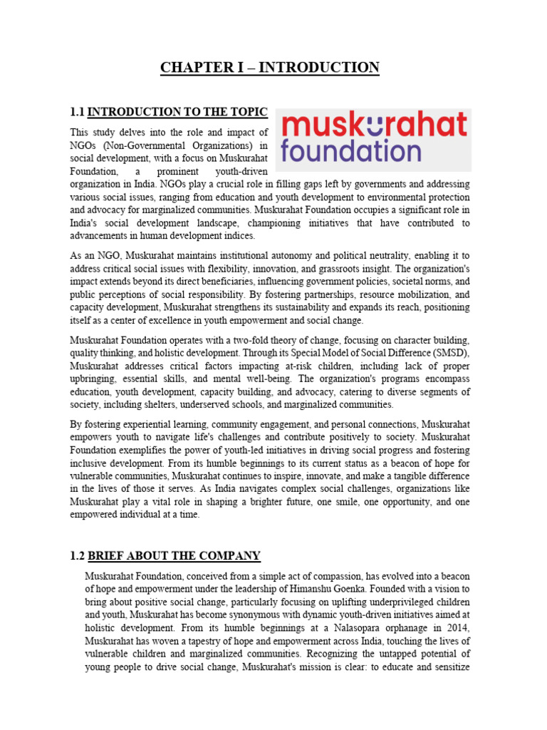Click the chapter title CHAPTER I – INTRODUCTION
(270, 68)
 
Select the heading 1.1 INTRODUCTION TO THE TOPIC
(168, 112)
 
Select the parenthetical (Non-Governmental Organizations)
(177, 145)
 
